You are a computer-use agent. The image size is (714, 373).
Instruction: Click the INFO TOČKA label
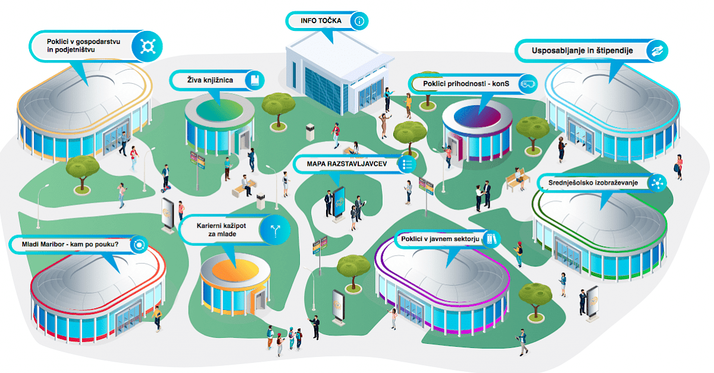tap(321, 21)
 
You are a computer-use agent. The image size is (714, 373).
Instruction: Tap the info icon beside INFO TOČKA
tap(359, 21)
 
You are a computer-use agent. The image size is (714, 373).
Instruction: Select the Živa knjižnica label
tap(210, 80)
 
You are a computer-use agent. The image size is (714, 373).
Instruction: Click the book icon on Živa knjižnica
tap(255, 80)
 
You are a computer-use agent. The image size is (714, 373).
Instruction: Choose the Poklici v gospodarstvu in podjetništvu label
tap(83, 46)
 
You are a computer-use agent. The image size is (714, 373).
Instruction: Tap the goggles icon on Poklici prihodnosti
tap(527, 84)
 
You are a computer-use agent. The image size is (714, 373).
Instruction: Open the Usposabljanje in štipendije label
tap(582, 51)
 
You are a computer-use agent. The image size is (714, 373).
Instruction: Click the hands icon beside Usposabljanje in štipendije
tap(657, 51)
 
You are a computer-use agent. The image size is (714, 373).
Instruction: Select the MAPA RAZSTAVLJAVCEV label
tap(347, 164)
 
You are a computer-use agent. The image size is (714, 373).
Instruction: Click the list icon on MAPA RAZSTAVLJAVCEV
tap(406, 164)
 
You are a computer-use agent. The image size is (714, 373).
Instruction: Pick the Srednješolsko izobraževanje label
tap(593, 183)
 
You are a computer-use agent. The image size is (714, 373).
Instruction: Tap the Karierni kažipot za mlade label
tap(221, 230)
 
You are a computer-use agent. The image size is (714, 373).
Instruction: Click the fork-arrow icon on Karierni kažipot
tap(275, 230)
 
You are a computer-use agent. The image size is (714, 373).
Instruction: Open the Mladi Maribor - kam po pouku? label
tap(70, 244)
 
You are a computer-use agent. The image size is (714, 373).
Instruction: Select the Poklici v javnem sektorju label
tap(440, 239)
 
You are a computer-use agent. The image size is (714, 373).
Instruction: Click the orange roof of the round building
tap(235, 270)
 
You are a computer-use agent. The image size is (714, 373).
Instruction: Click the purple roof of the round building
tap(477, 117)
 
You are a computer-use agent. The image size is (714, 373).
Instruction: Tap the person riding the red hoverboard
tap(165, 178)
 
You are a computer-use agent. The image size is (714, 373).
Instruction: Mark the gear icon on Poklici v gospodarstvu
tap(148, 46)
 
